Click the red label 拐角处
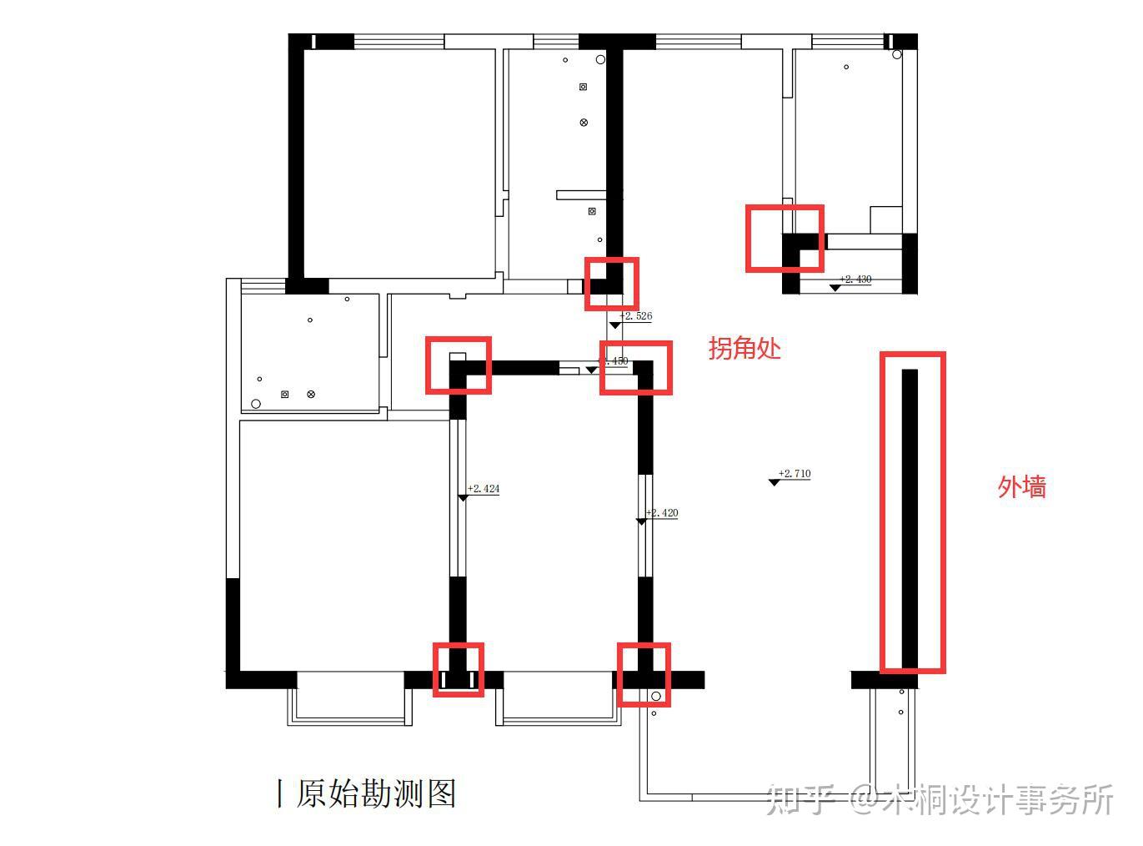click(x=744, y=348)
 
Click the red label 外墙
click(x=1021, y=486)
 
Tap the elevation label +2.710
click(x=795, y=474)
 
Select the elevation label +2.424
click(x=484, y=489)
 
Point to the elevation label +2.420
click(x=663, y=513)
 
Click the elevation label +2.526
click(x=637, y=316)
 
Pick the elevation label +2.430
click(x=856, y=279)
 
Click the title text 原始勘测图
click(x=376, y=793)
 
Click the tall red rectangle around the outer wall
click(x=913, y=512)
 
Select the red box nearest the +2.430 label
click(x=785, y=238)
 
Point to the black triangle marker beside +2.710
click(x=775, y=483)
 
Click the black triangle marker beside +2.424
click(x=463, y=498)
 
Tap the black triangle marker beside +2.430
click(x=835, y=288)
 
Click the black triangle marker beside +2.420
click(x=641, y=521)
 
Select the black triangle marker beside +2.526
click(x=614, y=325)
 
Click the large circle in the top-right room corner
click(x=897, y=55)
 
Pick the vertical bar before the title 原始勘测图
click(x=279, y=793)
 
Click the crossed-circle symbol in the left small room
click(x=311, y=394)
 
